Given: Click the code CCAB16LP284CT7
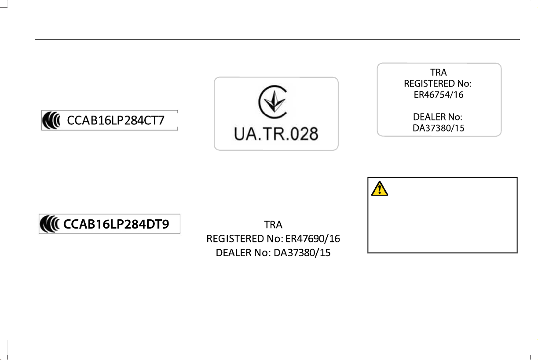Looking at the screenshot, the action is (x=116, y=120).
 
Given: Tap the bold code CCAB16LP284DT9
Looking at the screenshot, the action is (x=116, y=224).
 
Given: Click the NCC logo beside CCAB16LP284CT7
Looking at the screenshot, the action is (x=51, y=120).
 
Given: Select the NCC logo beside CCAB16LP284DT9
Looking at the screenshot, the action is (x=49, y=224).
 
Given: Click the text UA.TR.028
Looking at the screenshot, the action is (x=276, y=134).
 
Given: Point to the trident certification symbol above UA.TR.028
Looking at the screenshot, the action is (x=273, y=102).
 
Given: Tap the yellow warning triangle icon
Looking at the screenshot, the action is (x=380, y=189).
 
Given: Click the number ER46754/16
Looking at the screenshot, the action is (x=439, y=95).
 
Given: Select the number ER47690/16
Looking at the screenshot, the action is (x=312, y=239).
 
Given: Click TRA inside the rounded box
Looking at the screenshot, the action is (x=439, y=72).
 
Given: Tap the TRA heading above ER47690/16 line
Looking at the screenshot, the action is (x=273, y=225).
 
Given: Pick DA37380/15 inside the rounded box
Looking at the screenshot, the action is (x=439, y=128).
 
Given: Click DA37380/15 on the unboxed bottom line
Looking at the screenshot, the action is (x=302, y=253).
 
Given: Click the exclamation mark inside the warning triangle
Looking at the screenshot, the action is (x=380, y=189).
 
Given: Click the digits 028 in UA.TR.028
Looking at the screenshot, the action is (x=304, y=134).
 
